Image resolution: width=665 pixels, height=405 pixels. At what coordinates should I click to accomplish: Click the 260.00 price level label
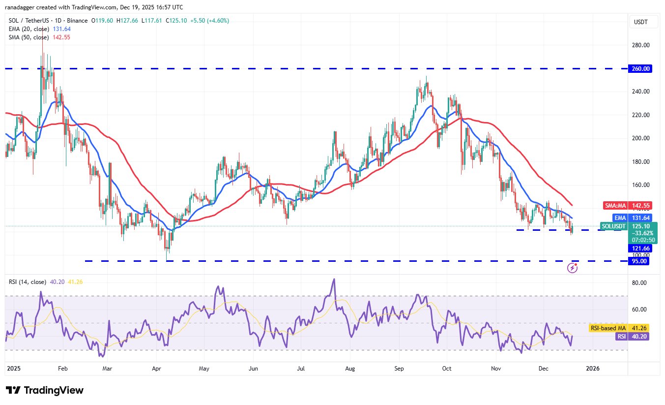[640, 68]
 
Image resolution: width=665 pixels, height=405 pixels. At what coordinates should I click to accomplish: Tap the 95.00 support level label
[638, 261]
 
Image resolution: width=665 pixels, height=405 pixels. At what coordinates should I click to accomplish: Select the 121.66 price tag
[640, 249]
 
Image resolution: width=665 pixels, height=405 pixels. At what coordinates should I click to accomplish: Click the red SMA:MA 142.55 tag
[628, 205]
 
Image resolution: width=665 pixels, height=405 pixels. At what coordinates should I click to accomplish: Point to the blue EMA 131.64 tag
[633, 218]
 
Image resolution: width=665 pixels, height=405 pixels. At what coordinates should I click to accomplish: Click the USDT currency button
[641, 22]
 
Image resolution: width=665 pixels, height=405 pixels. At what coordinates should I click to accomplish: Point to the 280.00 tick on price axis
[640, 45]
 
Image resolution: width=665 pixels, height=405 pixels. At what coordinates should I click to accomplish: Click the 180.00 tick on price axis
[640, 161]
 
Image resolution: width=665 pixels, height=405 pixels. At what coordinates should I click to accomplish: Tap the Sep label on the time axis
[399, 369]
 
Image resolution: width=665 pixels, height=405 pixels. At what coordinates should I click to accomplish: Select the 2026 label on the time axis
[592, 369]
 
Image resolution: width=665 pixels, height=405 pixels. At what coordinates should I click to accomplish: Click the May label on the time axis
[204, 369]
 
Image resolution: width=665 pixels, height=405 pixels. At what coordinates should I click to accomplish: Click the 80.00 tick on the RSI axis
[639, 283]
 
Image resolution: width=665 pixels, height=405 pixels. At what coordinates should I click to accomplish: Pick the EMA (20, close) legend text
[29, 29]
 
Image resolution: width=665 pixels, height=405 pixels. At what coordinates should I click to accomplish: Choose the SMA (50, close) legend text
[29, 37]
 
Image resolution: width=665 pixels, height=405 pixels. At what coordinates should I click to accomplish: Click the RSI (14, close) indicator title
[28, 281]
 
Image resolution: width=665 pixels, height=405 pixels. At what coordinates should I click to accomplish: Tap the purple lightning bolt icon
[573, 268]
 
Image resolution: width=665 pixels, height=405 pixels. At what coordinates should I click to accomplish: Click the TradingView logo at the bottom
[45, 390]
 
